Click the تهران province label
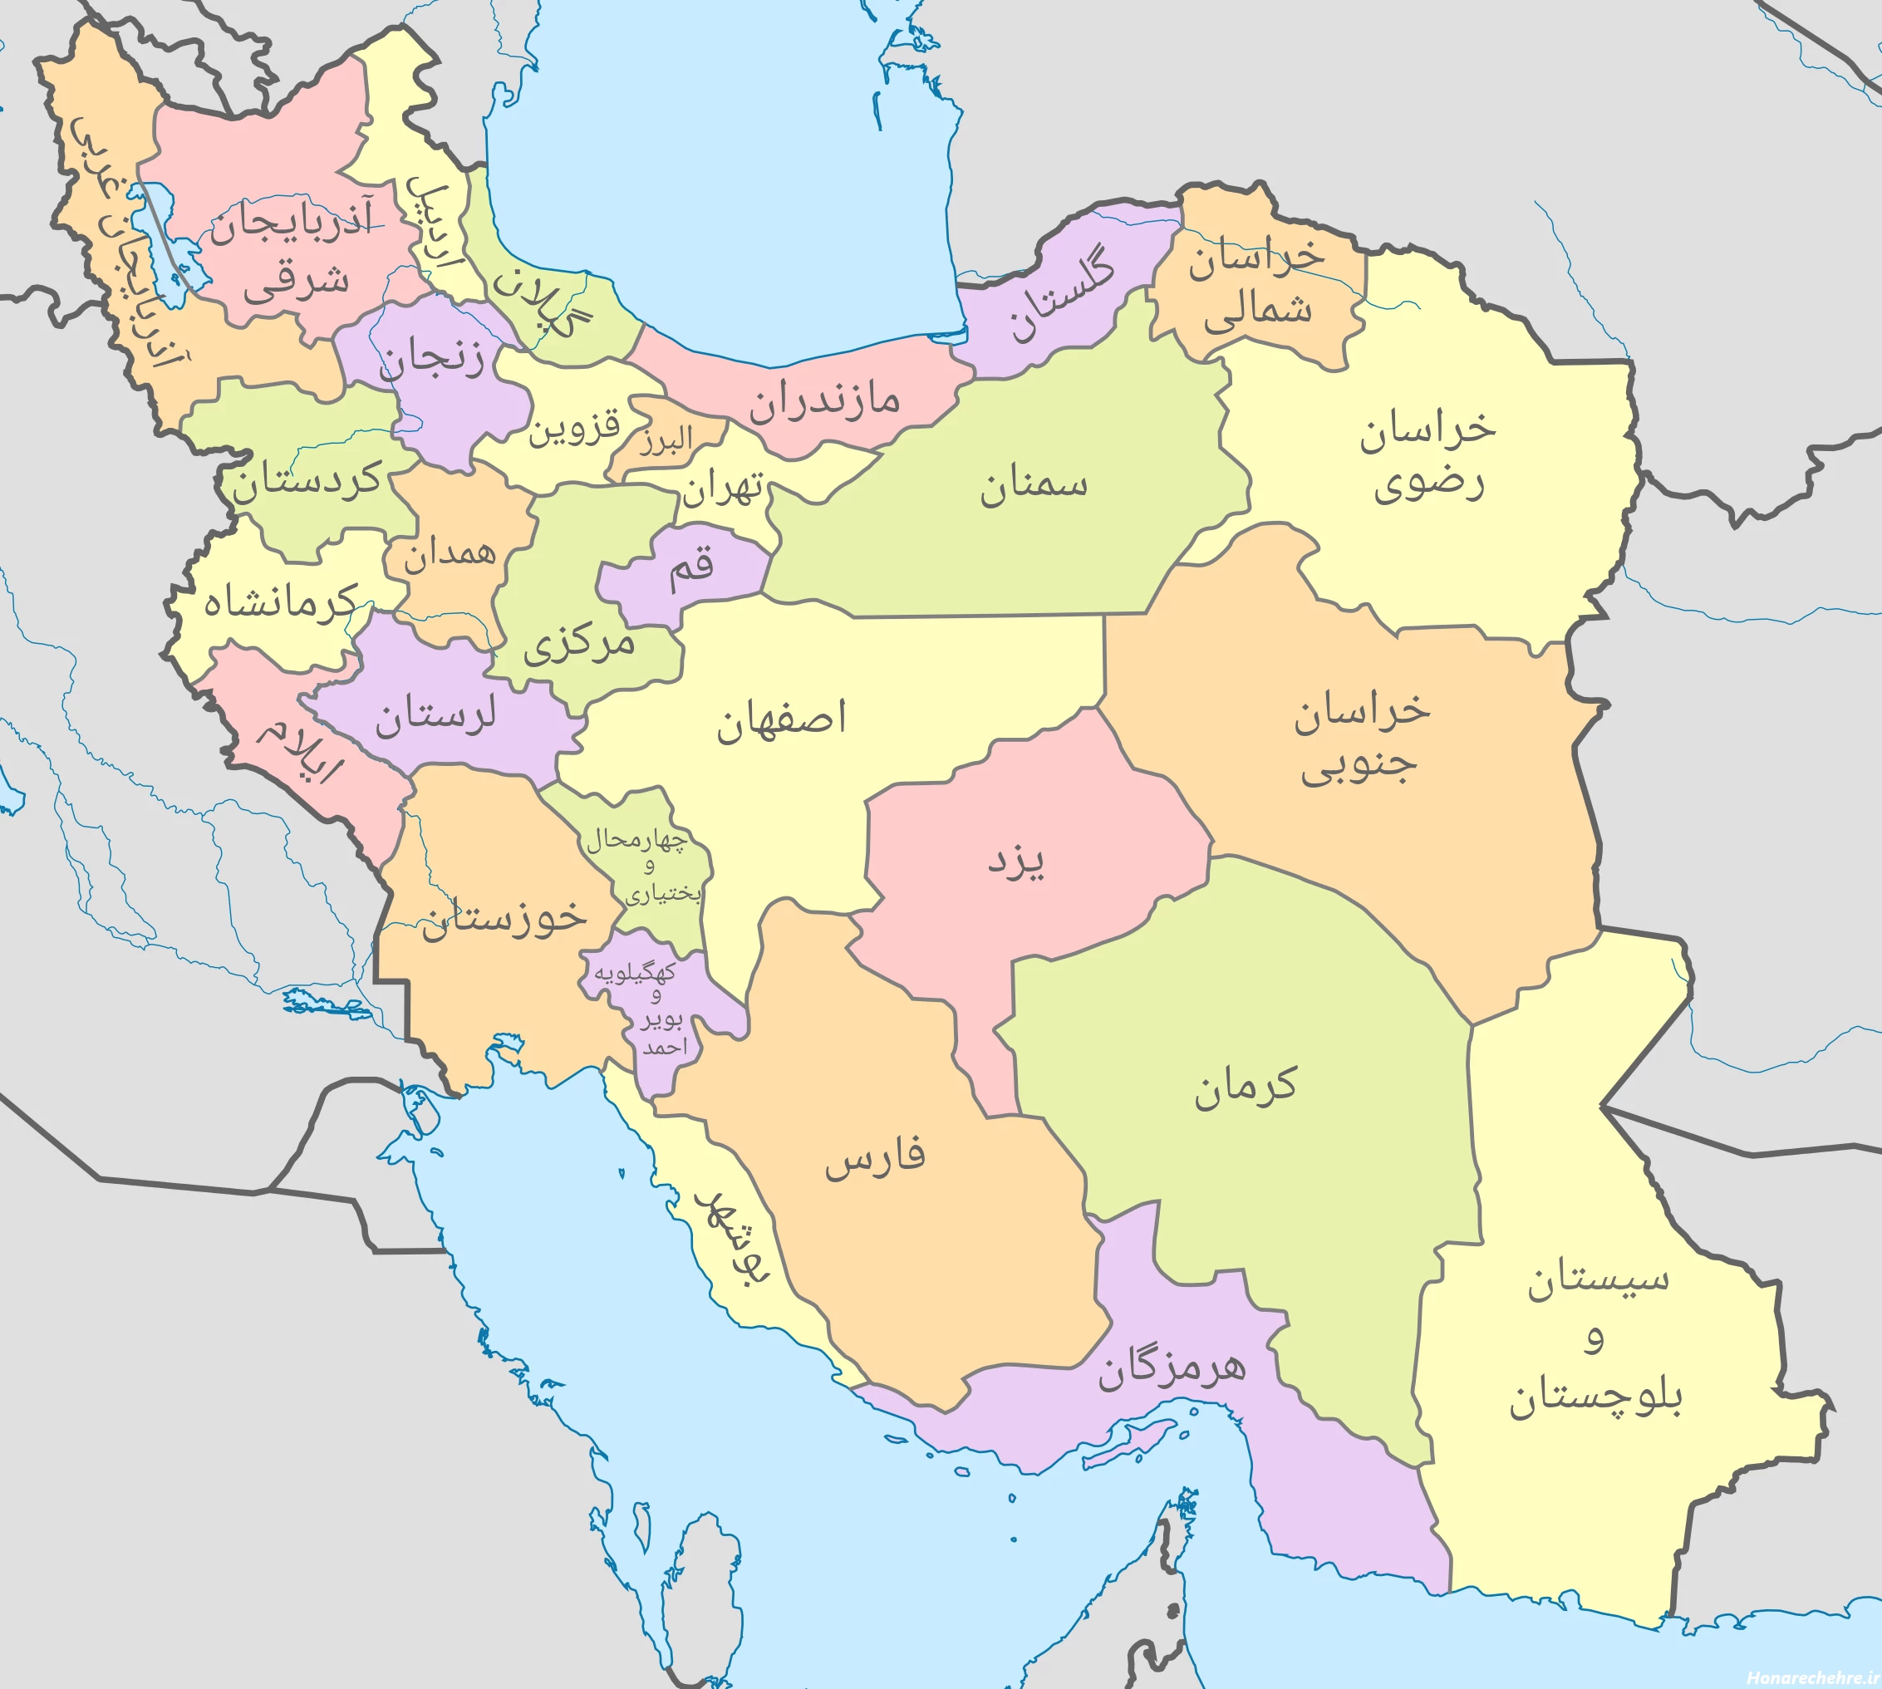[723, 489]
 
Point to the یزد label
[1015, 862]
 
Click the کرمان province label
[1245, 1086]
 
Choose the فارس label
[875, 1159]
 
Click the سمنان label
[1033, 485]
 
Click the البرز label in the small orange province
[666, 439]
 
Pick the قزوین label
[573, 429]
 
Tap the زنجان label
[431, 360]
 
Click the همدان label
[450, 554]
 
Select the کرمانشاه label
[280, 602]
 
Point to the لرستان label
[435, 716]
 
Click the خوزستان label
[504, 918]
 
